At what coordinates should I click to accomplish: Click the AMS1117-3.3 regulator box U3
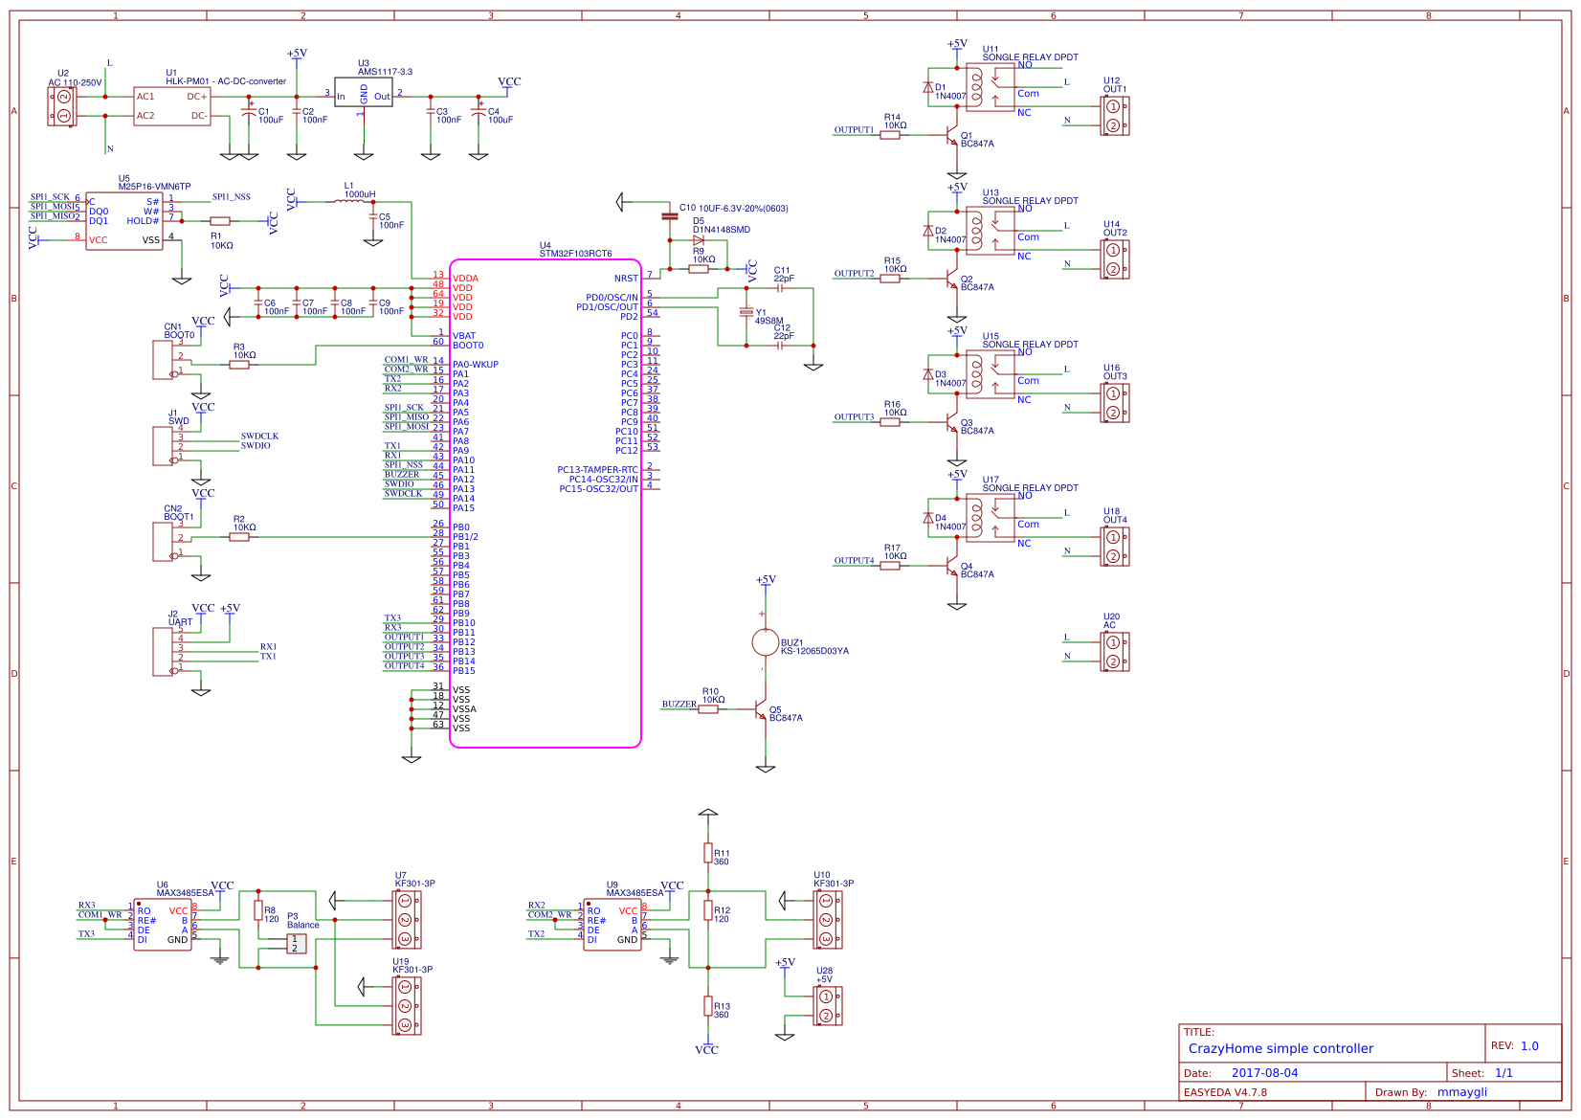[363, 93]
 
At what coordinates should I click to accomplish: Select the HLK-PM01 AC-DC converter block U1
[172, 105]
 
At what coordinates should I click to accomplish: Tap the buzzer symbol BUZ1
[765, 642]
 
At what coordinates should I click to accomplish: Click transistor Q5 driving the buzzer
[762, 710]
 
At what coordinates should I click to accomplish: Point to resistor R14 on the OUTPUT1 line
[890, 135]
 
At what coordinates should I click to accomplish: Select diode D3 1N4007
[927, 375]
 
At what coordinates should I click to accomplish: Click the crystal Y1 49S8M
[746, 313]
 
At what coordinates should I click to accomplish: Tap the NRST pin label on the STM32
[626, 279]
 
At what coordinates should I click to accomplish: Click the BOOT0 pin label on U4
[468, 346]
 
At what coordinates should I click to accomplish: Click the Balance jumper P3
[296, 944]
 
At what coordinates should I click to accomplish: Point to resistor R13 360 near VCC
[708, 1005]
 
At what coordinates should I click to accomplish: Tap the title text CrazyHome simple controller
[1280, 1048]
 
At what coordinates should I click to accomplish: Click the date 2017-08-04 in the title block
[1264, 1073]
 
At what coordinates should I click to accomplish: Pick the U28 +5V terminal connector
[827, 1006]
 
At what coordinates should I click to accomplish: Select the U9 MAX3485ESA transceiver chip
[612, 925]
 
